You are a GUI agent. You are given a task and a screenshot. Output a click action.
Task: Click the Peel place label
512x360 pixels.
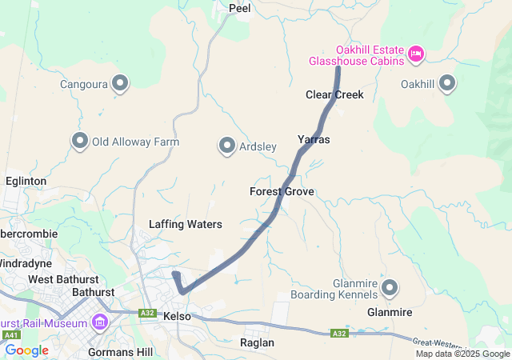[x=239, y=9]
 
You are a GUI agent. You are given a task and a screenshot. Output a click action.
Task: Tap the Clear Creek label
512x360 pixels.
[x=334, y=94]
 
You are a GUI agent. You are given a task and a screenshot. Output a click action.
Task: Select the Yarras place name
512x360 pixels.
[x=314, y=139]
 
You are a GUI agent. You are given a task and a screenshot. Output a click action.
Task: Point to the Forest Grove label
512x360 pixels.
[x=282, y=192]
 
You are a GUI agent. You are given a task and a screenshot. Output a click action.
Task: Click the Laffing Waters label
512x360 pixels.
[x=185, y=224]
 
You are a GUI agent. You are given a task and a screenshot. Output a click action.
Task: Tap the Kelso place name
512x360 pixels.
[x=177, y=317]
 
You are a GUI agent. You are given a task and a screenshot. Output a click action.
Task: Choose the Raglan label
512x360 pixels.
[x=257, y=342]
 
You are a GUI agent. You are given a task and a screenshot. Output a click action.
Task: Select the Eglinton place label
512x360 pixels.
[x=26, y=182]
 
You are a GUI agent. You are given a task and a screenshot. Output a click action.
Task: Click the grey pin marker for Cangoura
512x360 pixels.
[x=121, y=82]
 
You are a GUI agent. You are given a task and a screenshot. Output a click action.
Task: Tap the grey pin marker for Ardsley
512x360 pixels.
[x=226, y=146]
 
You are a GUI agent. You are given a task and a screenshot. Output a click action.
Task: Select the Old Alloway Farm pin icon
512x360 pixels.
[x=80, y=141]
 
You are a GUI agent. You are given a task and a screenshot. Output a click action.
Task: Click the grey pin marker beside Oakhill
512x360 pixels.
[x=446, y=82]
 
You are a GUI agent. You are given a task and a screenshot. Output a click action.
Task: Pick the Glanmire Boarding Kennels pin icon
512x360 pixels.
[x=390, y=286]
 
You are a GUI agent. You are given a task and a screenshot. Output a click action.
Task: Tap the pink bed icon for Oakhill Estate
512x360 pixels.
[x=414, y=54]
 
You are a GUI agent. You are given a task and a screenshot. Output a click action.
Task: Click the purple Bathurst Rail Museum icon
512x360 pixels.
[x=100, y=322]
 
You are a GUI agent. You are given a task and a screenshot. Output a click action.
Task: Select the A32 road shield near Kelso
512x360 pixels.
[x=146, y=313]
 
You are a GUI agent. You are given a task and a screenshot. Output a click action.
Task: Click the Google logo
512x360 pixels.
[x=26, y=350]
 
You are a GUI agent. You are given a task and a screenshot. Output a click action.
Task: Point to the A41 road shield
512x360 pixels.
[x=10, y=335]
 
